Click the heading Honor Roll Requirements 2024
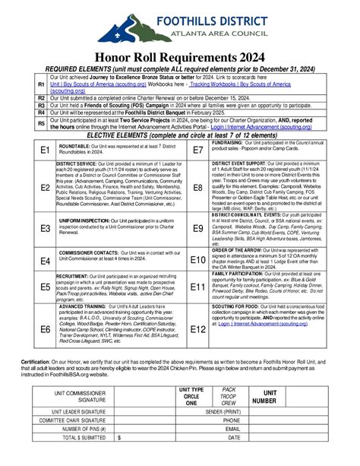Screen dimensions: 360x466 click(x=179, y=56)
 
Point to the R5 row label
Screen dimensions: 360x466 click(x=42, y=122)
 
